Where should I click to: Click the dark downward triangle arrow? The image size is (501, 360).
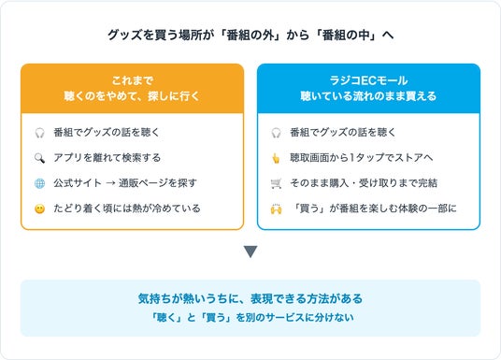click(x=250, y=252)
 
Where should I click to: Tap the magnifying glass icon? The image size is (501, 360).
click(x=39, y=158)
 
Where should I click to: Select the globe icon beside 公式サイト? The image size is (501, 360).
click(x=39, y=183)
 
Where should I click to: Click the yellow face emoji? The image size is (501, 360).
click(x=39, y=209)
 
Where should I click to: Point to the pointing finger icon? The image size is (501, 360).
click(x=276, y=158)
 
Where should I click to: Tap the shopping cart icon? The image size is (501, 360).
click(x=276, y=183)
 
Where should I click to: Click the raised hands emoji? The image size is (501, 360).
click(x=276, y=209)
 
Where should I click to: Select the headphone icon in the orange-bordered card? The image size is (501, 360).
click(x=39, y=133)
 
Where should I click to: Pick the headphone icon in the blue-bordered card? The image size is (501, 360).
click(x=276, y=133)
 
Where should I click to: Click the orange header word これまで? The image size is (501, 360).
click(x=133, y=80)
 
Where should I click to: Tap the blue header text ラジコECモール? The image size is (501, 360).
click(x=368, y=80)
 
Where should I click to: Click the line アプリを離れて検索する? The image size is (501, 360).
click(x=107, y=158)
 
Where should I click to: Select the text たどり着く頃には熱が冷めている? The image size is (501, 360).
click(x=127, y=209)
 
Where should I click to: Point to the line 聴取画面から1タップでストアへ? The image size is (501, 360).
click(x=362, y=158)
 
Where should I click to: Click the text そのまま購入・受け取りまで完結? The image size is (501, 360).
click(x=364, y=183)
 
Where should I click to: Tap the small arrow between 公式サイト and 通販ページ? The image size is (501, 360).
click(x=110, y=183)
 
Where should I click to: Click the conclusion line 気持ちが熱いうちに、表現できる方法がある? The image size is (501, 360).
click(x=250, y=298)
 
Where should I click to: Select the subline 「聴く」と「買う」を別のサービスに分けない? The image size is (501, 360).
click(x=252, y=318)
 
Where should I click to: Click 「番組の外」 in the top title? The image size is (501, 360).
click(x=250, y=35)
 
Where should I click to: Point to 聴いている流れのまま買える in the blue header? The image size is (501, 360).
click(x=368, y=96)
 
